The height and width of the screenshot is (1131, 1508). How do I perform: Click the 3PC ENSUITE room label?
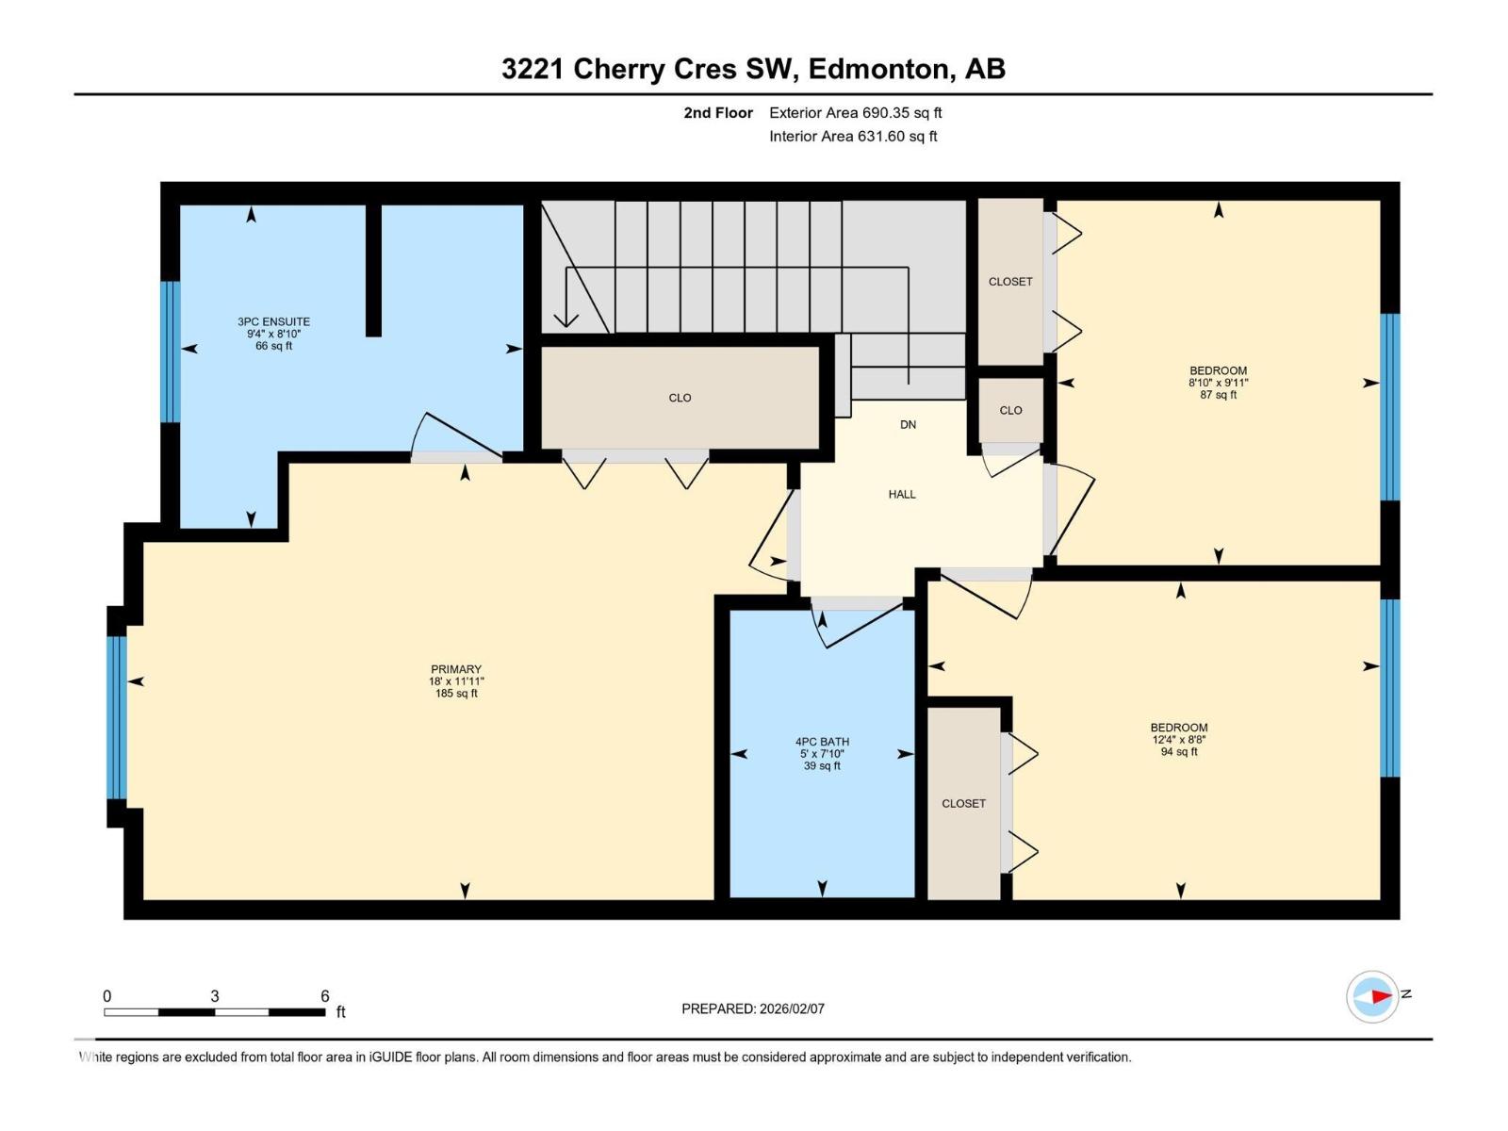coord(273,321)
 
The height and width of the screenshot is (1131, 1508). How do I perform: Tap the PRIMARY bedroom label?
coord(456,669)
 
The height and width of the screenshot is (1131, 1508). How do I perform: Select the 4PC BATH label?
coord(823,742)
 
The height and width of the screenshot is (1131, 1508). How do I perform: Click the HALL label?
coord(902,495)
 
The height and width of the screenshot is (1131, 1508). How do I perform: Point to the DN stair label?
coord(909,424)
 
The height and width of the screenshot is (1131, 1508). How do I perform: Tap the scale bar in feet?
coord(214,1012)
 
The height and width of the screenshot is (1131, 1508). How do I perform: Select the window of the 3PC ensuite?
coord(170,352)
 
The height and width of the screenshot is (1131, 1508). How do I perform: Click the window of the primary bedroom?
coord(117,717)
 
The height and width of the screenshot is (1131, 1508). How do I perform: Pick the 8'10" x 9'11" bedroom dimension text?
coord(1218,384)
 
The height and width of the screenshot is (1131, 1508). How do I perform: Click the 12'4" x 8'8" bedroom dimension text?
coord(1179,740)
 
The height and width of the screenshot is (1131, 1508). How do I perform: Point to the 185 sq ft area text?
coord(456,694)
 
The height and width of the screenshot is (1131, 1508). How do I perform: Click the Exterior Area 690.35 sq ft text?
coord(856,112)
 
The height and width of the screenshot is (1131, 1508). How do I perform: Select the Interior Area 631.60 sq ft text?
coord(853,136)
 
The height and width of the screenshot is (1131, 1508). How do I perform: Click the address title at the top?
coord(754,69)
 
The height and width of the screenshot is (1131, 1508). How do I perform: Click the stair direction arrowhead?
coord(566,320)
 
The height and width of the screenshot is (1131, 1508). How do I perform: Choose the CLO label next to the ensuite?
coord(680,398)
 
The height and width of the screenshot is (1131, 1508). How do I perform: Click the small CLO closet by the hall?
coord(1010,410)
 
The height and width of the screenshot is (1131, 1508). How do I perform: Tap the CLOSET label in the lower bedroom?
coord(964,803)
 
